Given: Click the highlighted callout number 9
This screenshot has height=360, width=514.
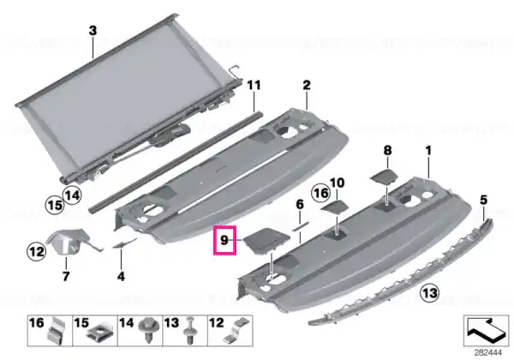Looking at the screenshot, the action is point(224,240).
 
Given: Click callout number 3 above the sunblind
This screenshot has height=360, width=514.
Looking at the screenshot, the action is point(93,31).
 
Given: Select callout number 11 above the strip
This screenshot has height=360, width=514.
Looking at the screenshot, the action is point(254,85).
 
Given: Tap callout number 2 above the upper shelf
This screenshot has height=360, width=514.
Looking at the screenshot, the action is point(306,85).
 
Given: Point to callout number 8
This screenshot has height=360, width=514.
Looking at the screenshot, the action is point(387,151).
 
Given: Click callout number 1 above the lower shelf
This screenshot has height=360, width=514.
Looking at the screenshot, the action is point(428,151).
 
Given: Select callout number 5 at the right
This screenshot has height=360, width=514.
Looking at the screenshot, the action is point(483,200).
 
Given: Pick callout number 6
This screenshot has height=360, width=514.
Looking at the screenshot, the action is point(300,205).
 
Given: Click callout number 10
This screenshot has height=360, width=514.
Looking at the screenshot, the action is point(338,183).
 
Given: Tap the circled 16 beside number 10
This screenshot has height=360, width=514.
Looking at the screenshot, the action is point(320,193).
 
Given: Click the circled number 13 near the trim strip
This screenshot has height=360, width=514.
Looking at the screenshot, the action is point(430,292).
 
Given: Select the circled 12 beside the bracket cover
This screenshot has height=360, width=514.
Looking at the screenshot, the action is point(36,252).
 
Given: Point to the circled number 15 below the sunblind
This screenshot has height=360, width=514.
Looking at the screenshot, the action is point(55,205).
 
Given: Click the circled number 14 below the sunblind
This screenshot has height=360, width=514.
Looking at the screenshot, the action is point(72,195).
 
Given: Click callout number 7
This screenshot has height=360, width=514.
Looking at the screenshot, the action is point(66,276).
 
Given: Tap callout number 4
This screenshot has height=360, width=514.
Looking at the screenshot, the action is point(121,276).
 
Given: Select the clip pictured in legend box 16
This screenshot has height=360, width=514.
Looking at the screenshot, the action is point(57,331).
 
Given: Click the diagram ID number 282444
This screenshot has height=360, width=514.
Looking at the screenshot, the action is point(487,353).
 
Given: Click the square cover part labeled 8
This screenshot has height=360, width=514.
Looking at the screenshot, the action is point(384,176).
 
